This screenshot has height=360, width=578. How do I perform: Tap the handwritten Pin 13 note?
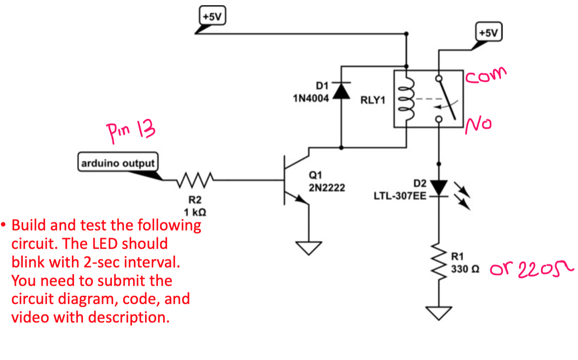click(x=130, y=130)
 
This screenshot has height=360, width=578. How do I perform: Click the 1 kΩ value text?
click(x=195, y=212)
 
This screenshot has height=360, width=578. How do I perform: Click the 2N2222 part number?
click(x=327, y=188)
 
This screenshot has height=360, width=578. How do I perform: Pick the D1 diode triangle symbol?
click(x=341, y=92)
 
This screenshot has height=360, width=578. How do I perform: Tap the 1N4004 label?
click(x=311, y=98)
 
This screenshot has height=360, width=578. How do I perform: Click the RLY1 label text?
click(x=373, y=100)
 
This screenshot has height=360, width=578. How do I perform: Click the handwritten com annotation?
click(x=485, y=76)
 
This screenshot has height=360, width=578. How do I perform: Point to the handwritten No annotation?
click(x=479, y=124)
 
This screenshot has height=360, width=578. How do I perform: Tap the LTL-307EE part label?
click(x=400, y=196)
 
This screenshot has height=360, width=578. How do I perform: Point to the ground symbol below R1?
click(x=439, y=313)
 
